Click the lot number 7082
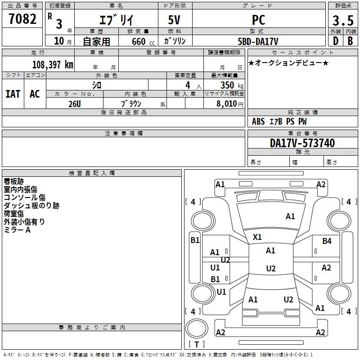(x=22, y=19)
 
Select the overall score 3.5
(x=343, y=21)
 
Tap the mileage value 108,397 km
(x=53, y=65)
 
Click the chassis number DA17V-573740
(x=302, y=143)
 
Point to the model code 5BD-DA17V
(x=258, y=41)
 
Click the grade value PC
(x=258, y=20)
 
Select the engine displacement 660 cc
(x=143, y=42)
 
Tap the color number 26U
(x=75, y=104)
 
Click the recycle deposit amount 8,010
(x=227, y=103)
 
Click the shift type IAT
(x=13, y=94)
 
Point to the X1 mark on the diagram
(x=257, y=237)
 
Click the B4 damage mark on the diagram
(x=327, y=241)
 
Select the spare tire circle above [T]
(x=197, y=328)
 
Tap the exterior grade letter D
(x=336, y=41)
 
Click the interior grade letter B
(x=350, y=41)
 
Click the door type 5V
(x=174, y=20)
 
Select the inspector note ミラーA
(x=17, y=230)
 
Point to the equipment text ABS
(x=258, y=121)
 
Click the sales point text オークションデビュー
(x=288, y=63)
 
